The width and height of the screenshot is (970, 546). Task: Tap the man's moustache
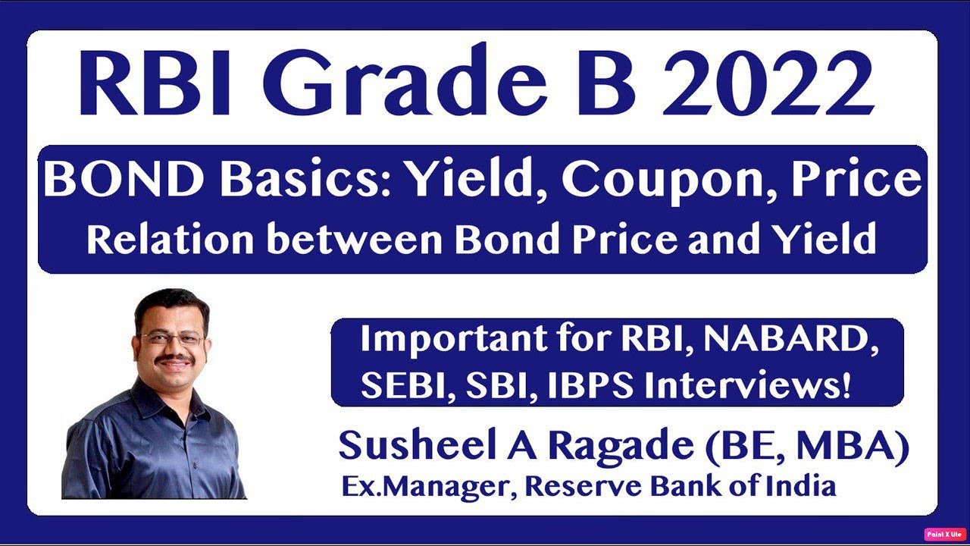[175, 360]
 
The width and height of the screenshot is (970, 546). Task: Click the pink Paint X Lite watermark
[944, 535]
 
